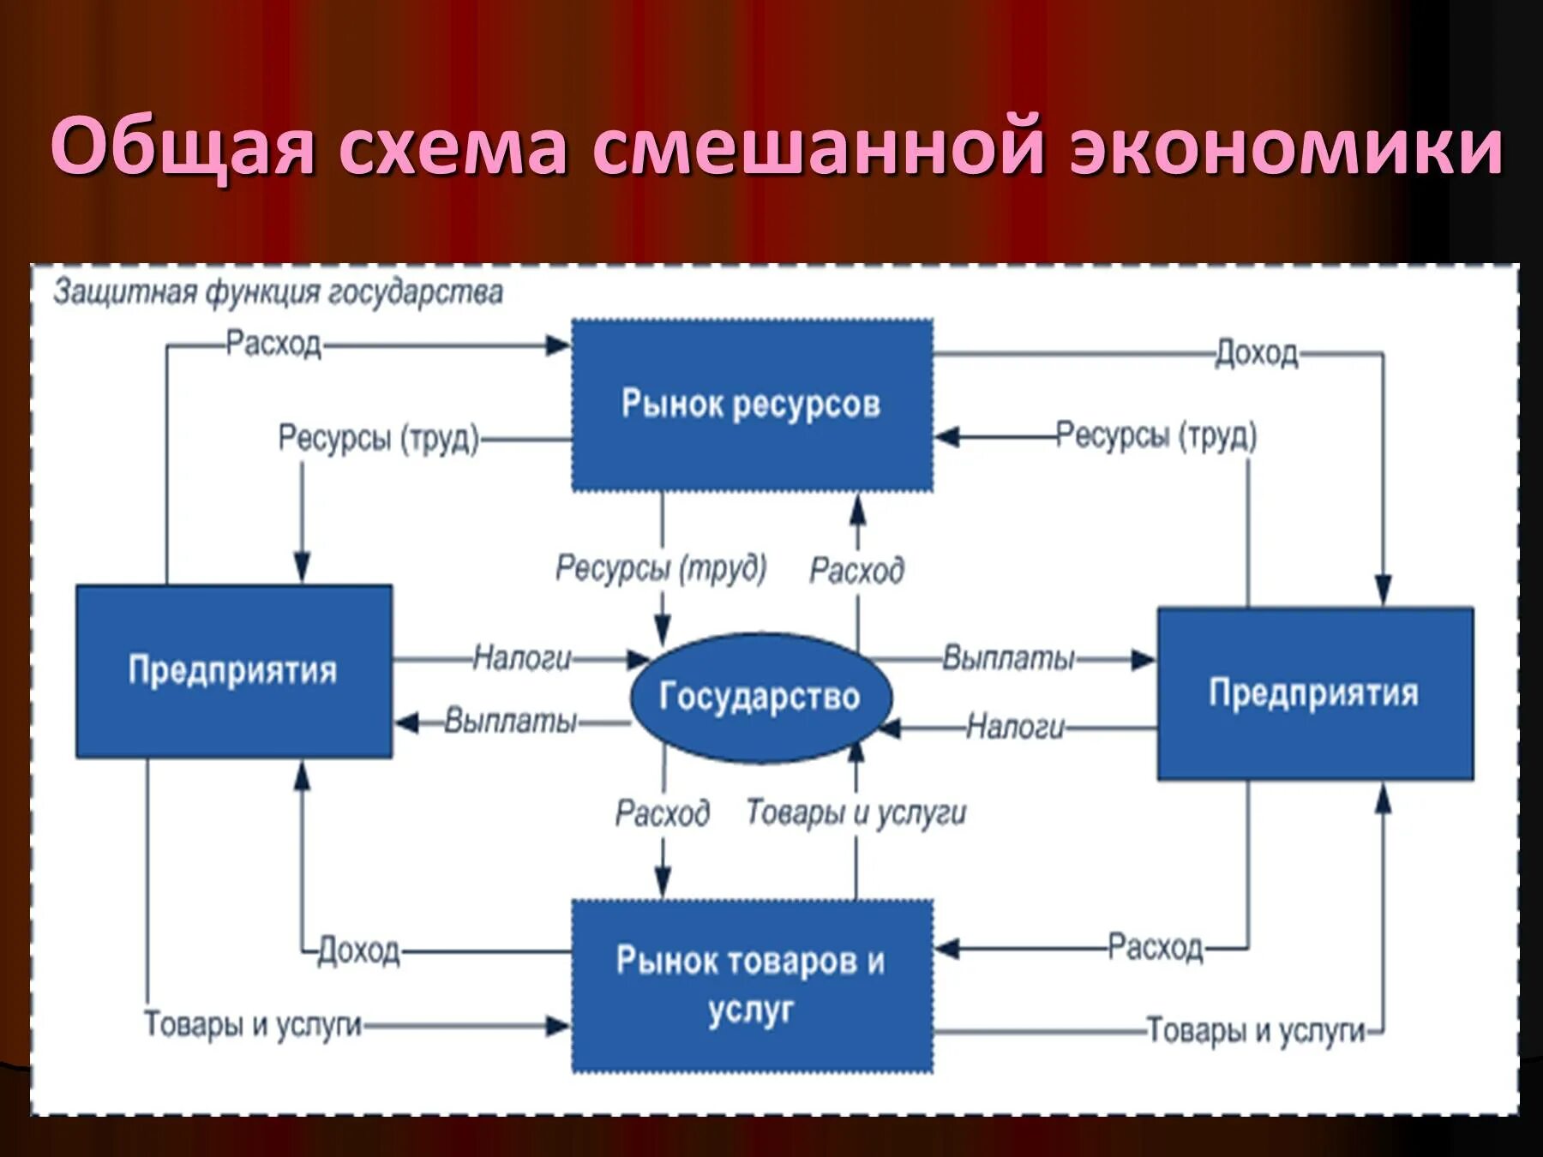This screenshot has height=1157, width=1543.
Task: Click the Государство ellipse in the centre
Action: [x=759, y=697]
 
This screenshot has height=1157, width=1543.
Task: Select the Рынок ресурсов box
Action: [x=752, y=405]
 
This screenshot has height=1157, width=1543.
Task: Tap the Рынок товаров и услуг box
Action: [x=752, y=986]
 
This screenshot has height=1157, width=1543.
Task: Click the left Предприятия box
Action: [x=233, y=671]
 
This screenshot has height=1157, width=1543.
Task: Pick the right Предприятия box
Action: [x=1315, y=693]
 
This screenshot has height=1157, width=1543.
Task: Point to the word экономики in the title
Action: [x=1286, y=146]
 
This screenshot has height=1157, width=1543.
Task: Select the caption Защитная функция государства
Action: [x=278, y=293]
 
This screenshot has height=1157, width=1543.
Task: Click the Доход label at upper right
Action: [x=1257, y=353]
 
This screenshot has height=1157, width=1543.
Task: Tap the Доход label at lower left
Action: [x=358, y=951]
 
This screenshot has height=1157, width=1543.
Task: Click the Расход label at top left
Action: [x=273, y=345]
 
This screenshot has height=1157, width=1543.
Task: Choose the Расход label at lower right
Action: [x=1156, y=948]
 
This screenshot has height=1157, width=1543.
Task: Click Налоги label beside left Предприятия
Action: [x=522, y=658]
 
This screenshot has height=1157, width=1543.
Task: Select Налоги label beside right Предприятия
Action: [x=1016, y=728]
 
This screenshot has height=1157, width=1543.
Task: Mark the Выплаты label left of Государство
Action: [x=511, y=722]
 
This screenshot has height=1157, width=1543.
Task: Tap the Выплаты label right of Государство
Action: [x=1008, y=658]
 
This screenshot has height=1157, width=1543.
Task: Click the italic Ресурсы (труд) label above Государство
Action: [x=660, y=568]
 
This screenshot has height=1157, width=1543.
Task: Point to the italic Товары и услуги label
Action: [x=856, y=812]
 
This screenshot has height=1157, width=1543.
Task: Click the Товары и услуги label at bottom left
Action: [x=253, y=1024]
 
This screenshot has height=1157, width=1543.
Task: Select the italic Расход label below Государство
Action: [x=662, y=812]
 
